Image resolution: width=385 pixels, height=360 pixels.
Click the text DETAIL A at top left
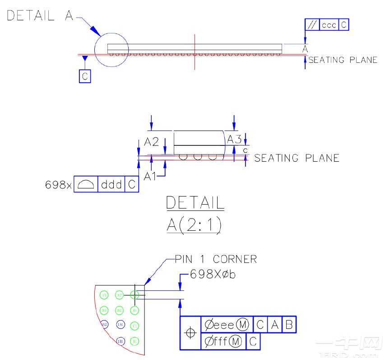40,16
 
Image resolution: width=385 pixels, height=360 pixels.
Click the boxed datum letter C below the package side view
84,76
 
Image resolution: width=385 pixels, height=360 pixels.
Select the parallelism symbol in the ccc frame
312,25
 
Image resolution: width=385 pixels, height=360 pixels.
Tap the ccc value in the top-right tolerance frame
329,25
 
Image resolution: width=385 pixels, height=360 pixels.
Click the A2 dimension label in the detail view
151,141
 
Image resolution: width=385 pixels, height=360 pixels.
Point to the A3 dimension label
234,139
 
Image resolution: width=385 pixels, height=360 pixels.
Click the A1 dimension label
150,177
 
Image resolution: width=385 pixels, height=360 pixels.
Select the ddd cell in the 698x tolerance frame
111,184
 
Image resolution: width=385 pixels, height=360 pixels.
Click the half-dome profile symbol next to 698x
86,184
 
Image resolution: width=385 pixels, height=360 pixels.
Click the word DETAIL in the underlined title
195,203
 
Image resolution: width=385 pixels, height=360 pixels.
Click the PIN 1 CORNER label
216,259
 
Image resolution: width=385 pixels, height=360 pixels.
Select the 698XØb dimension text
213,274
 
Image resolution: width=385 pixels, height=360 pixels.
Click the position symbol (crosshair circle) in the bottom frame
190,333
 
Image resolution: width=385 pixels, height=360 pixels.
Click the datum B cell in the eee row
289,324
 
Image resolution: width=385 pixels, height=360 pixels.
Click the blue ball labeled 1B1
120,341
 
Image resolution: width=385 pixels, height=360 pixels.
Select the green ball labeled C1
135,326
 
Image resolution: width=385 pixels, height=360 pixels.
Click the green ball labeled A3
104,295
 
